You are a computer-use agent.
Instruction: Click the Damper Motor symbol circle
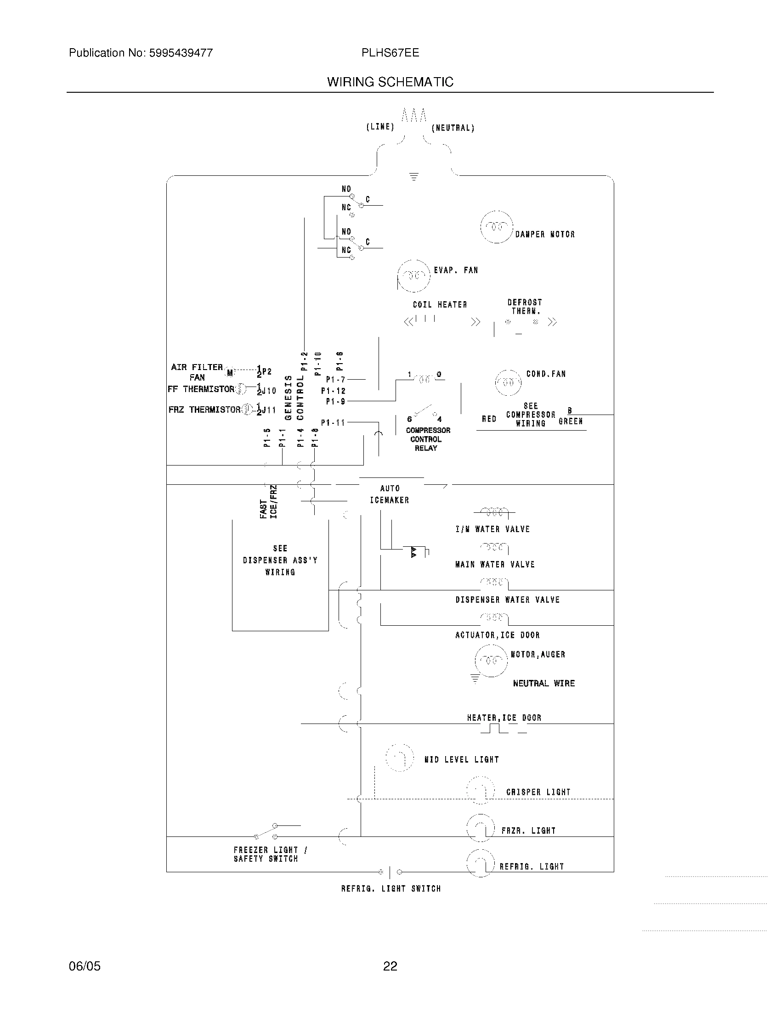497,227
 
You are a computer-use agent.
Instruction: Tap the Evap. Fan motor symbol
413,276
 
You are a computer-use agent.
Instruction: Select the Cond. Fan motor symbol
508,382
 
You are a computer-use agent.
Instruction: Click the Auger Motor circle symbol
491,660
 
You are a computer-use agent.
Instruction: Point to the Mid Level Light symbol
399,757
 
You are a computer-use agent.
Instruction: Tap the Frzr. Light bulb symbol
481,828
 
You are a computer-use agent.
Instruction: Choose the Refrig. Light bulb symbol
481,864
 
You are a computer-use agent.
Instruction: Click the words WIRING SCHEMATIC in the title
390,82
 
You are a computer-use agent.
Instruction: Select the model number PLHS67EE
390,53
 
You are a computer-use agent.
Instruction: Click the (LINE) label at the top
380,127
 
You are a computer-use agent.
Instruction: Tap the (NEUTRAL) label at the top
453,128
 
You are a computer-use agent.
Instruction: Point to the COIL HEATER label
440,305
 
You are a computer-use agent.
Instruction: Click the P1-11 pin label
333,422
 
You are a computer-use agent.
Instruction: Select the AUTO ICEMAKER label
390,494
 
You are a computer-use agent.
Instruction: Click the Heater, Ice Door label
504,718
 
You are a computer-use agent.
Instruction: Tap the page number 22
390,966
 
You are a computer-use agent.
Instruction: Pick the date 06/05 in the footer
84,966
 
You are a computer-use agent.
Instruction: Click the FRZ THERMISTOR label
204,410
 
